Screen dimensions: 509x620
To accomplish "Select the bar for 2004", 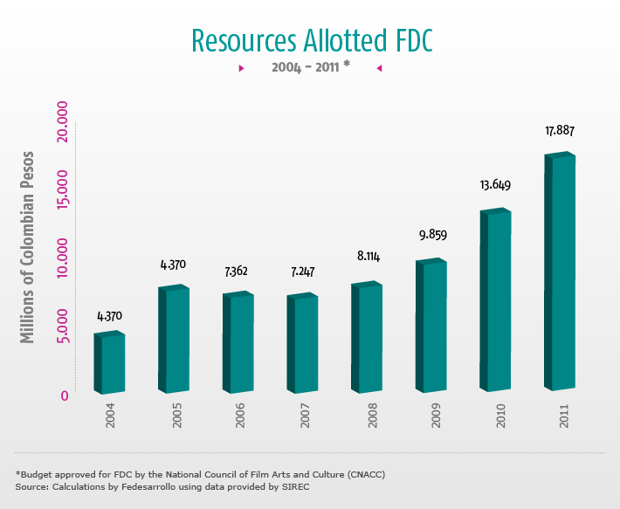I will [x=109, y=362].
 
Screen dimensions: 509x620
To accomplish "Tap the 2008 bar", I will [x=367, y=338].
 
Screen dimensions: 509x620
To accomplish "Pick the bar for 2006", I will [x=238, y=343].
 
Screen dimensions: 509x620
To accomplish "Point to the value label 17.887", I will [x=560, y=131].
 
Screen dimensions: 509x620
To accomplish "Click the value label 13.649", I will [x=495, y=185].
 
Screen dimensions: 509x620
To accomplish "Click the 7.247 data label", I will [x=302, y=272].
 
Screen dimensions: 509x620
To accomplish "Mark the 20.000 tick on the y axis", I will [x=63, y=125].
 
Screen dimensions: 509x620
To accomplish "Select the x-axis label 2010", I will [x=500, y=421].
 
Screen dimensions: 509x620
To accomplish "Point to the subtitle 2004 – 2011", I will [x=306, y=67].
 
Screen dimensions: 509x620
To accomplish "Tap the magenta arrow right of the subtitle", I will [x=379, y=68].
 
